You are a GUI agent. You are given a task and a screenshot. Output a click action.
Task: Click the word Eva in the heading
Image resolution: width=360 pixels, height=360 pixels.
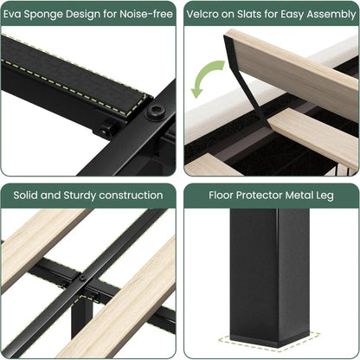click(14, 15)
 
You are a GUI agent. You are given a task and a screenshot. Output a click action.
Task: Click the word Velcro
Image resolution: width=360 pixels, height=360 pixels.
click(208, 15)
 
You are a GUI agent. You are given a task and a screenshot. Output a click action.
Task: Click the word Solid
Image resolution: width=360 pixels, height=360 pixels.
click(27, 196)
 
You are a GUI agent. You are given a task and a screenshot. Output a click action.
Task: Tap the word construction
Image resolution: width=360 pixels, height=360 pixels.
click(131, 196)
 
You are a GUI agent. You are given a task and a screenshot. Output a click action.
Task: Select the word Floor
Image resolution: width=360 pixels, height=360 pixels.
click(224, 196)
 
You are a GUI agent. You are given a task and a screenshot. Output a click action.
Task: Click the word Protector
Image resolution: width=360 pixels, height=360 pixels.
click(267, 196)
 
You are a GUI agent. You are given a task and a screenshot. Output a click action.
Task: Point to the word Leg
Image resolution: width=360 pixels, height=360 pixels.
click(325, 196)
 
